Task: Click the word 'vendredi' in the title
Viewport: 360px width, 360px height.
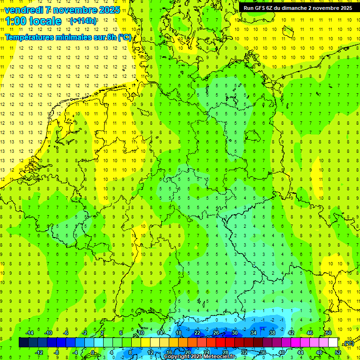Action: pyautogui.click(x=24, y=10)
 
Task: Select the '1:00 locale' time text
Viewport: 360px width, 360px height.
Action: pyautogui.click(x=33, y=21)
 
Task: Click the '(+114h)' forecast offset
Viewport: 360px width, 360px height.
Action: pyautogui.click(x=83, y=21)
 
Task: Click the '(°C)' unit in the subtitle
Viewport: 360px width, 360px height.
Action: pyautogui.click(x=125, y=37)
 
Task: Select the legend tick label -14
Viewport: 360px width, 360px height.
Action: pyautogui.click(x=29, y=333)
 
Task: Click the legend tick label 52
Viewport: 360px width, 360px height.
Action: pyautogui.click(x=338, y=352)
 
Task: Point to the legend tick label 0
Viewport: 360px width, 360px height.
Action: pyautogui.click(x=93, y=352)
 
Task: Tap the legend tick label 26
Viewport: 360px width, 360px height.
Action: pyautogui.click(x=216, y=333)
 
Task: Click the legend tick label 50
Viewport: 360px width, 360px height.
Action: pyautogui.click(x=329, y=333)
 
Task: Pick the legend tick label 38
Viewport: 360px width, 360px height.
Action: pyautogui.click(x=272, y=333)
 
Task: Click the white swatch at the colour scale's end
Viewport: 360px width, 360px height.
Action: pyautogui.click(x=333, y=343)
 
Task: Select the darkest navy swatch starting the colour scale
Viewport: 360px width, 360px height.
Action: pyautogui.click(x=23, y=343)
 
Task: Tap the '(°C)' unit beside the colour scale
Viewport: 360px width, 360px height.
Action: pyautogui.click(x=349, y=343)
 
